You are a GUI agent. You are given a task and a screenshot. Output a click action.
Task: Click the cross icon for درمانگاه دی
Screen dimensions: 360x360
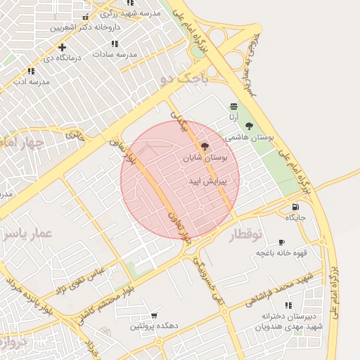click(x=63, y=47)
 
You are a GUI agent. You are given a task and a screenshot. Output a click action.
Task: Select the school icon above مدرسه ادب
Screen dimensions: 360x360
click(x=30, y=71)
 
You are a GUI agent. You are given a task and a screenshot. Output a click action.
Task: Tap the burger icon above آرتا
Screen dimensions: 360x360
click(x=233, y=106)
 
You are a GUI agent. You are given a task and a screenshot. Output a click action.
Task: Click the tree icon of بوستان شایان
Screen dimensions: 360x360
click(x=205, y=147)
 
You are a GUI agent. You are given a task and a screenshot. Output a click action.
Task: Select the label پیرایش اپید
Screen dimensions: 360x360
click(x=207, y=181)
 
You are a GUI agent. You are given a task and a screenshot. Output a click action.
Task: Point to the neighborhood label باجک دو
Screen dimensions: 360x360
click(x=185, y=79)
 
